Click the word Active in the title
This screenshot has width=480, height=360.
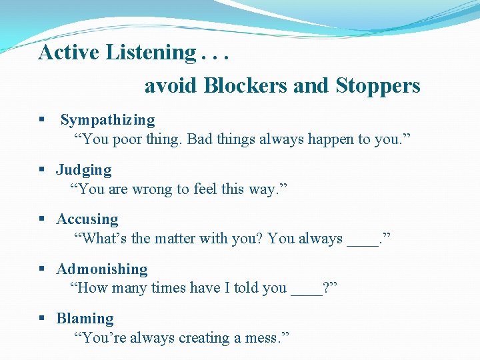(69, 52)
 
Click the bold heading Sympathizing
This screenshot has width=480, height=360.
(107, 120)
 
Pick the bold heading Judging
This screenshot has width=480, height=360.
(84, 170)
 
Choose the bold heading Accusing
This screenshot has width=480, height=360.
(87, 219)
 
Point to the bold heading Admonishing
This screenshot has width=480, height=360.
(102, 269)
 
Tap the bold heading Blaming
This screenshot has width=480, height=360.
(85, 319)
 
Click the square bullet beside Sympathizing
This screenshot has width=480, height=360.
(41, 121)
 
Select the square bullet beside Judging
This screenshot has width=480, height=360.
(41, 170)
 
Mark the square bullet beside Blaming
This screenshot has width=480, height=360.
(41, 319)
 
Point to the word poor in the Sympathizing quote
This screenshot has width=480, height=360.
(128, 139)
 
